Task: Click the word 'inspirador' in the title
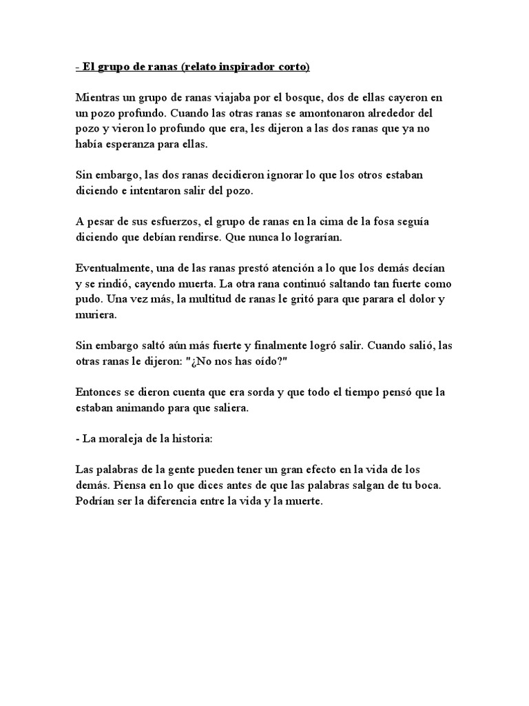[249, 67]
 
